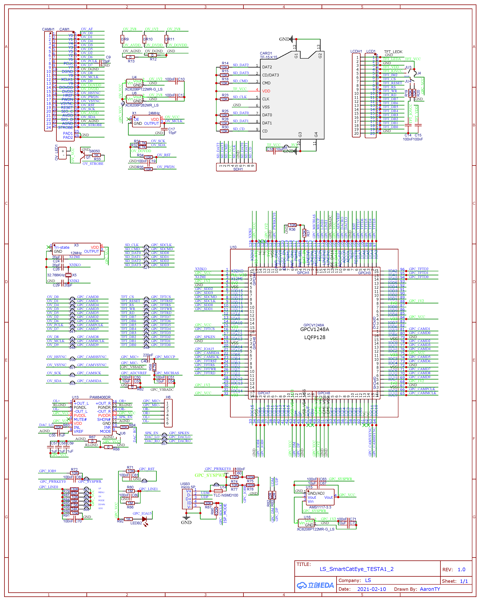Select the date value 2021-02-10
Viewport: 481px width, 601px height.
pyautogui.click(x=372, y=589)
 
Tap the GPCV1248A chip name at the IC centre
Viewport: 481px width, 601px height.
pyautogui.click(x=314, y=329)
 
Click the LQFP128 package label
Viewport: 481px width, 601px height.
pyautogui.click(x=315, y=337)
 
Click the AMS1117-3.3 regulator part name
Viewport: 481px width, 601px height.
pyautogui.click(x=320, y=507)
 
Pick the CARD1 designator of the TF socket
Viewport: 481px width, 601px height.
pyautogui.click(x=266, y=53)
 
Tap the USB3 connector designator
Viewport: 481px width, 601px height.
pyautogui.click(x=185, y=484)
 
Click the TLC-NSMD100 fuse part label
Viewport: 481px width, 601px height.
pyautogui.click(x=226, y=495)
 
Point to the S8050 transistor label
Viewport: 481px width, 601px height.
pyautogui.click(x=95, y=151)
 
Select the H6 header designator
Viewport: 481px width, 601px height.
pyautogui.click(x=168, y=397)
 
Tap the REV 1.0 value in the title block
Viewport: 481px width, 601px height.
pyautogui.click(x=461, y=569)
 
